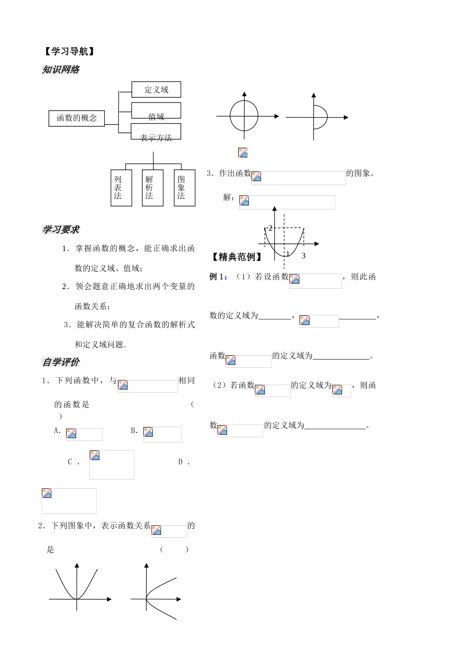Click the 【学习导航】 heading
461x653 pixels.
(x=68, y=52)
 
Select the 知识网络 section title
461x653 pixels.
(x=61, y=69)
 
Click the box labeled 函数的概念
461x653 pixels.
(x=77, y=118)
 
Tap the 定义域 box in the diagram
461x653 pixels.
(x=156, y=89)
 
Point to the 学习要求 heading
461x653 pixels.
(x=61, y=229)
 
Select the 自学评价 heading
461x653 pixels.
(x=61, y=362)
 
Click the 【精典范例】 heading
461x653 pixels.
(x=237, y=257)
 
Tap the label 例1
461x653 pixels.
(x=218, y=276)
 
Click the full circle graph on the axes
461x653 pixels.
(x=244, y=117)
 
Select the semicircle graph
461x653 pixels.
(x=320, y=117)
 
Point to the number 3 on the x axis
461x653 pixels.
(x=304, y=256)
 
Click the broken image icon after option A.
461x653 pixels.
(x=71, y=434)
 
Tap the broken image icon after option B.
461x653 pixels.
(x=148, y=432)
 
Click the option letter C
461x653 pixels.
(x=70, y=462)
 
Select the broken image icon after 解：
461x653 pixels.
(x=244, y=201)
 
